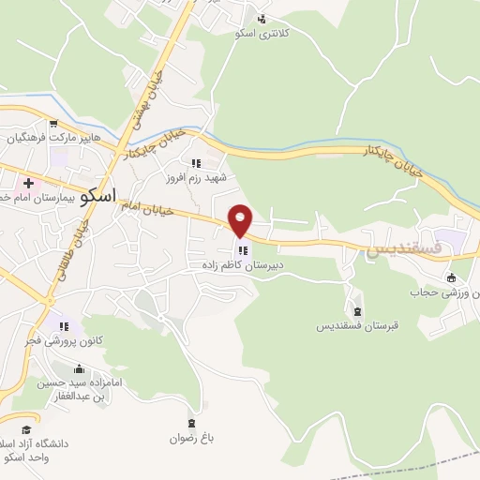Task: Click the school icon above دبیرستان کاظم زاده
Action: (244, 250)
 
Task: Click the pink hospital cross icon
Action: (29, 182)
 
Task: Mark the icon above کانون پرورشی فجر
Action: (65, 326)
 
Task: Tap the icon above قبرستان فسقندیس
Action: (356, 311)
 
